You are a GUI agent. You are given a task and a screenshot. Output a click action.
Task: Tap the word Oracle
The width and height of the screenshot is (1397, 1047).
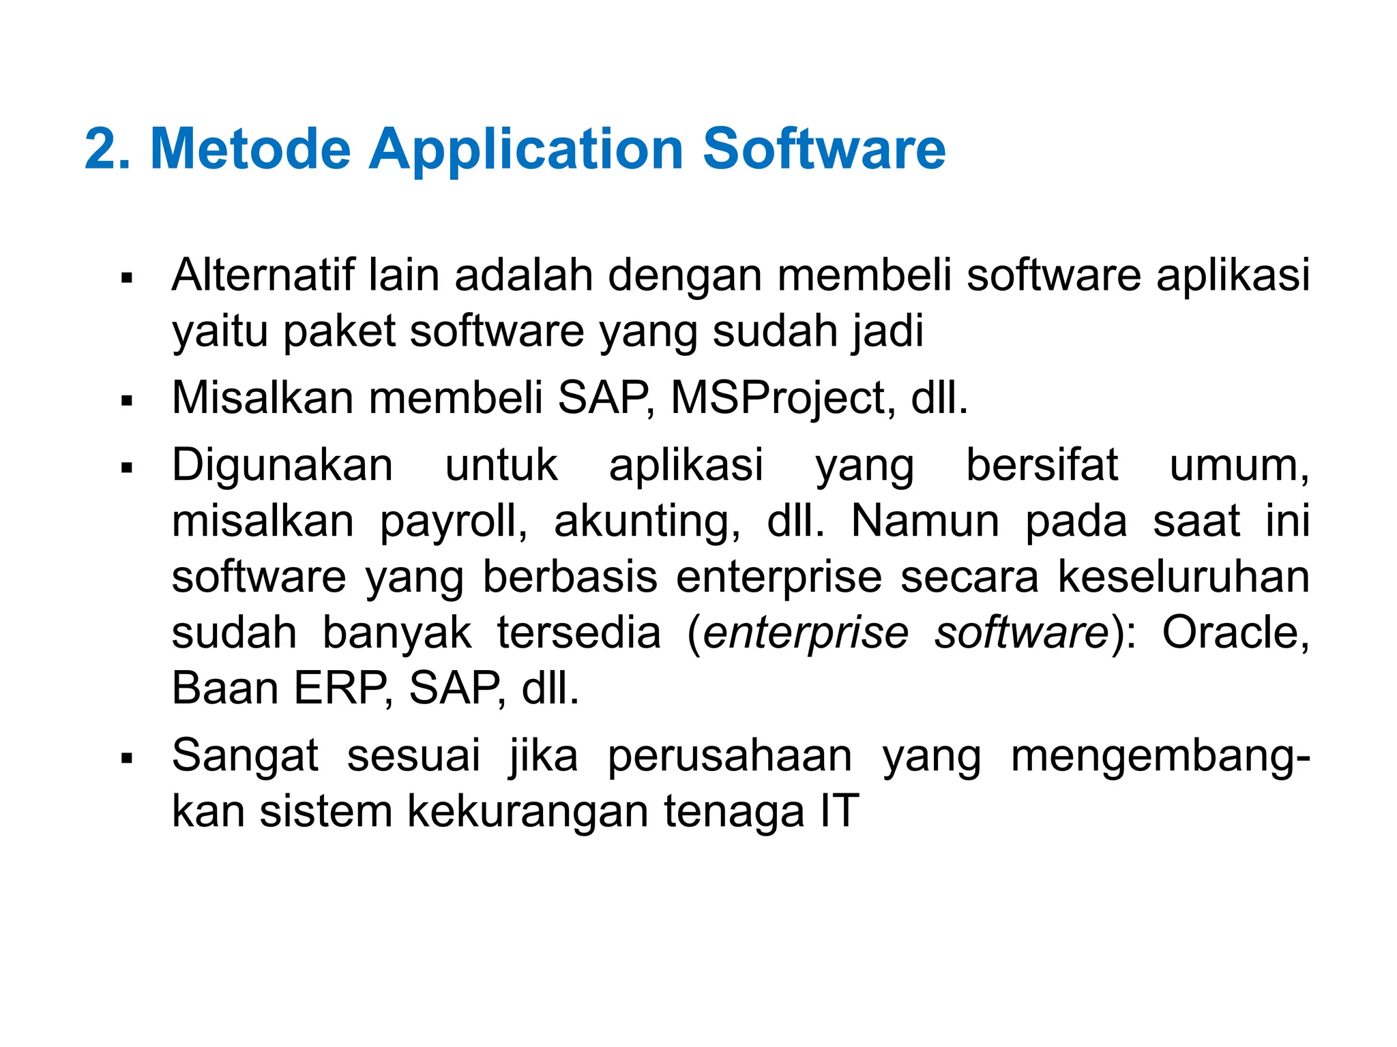1235,633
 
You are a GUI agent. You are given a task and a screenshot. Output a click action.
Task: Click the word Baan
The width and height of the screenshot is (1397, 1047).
225,688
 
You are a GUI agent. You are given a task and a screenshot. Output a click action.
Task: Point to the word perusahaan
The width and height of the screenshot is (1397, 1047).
730,756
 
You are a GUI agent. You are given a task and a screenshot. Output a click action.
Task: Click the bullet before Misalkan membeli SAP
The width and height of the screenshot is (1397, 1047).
126,400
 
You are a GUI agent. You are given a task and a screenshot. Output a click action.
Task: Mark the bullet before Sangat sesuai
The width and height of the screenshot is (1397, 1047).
126,758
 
